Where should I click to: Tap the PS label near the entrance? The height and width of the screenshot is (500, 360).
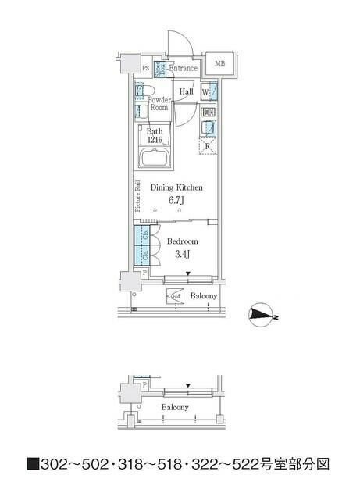144,68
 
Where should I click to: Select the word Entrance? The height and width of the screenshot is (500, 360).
184,68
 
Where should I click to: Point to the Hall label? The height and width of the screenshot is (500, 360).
186,92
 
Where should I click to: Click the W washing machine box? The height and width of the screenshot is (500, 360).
206,92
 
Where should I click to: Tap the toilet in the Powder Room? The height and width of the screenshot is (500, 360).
141,92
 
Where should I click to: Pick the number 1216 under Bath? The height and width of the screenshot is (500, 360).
155,141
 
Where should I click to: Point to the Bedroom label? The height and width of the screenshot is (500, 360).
182,241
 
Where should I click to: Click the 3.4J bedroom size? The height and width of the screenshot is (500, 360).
180,254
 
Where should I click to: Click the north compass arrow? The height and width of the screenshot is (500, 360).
258,315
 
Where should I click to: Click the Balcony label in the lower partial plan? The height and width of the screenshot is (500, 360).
174,408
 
